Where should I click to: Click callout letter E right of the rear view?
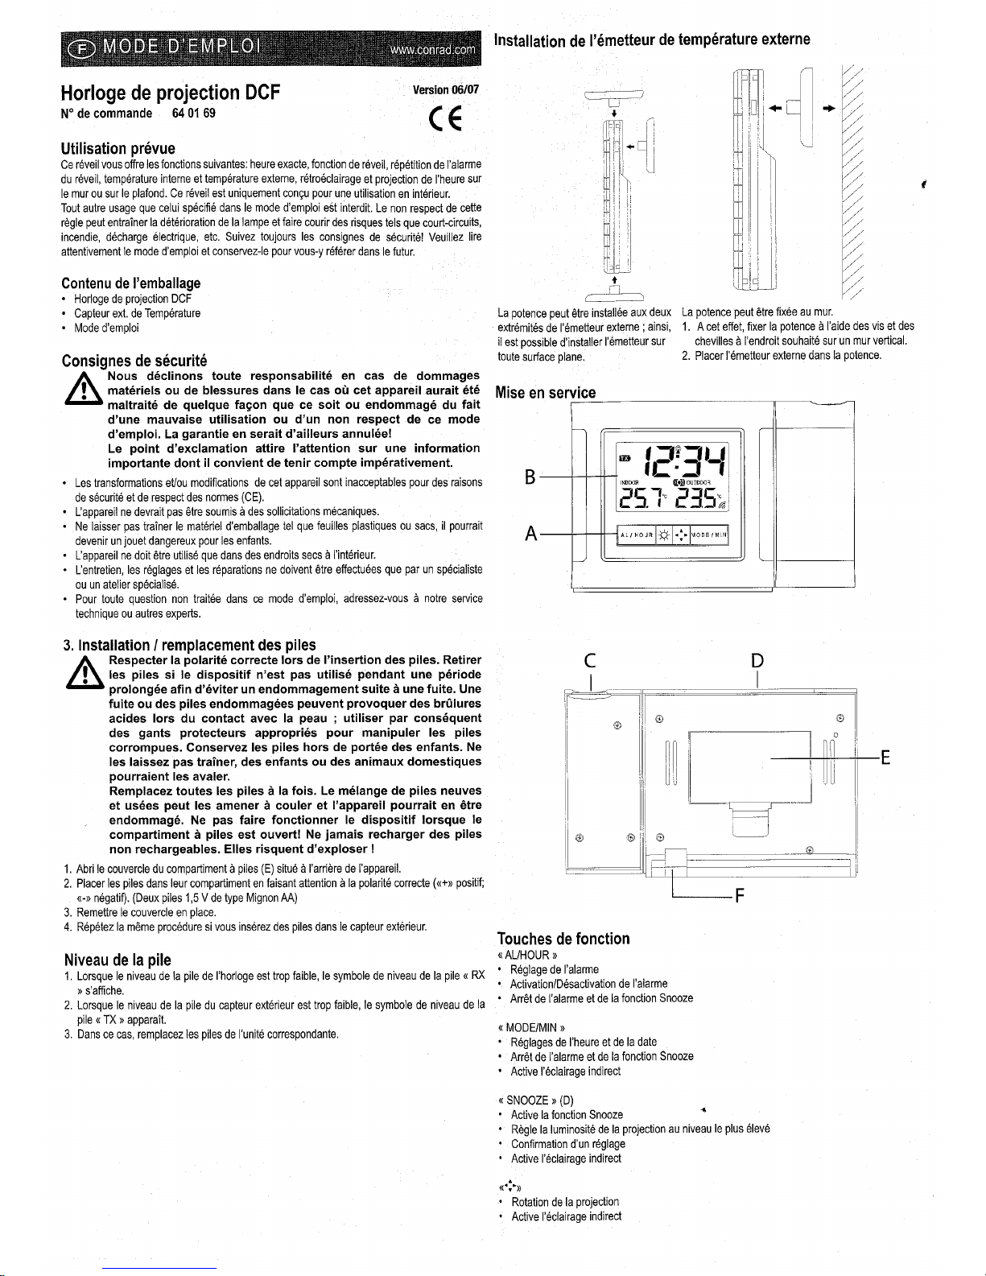pos(885,758)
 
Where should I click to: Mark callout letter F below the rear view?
pos(739,898)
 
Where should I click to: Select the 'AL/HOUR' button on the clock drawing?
pos(635,534)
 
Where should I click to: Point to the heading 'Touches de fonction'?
pos(563,938)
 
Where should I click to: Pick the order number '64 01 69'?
pos(193,113)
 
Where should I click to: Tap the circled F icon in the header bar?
pos(81,47)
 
